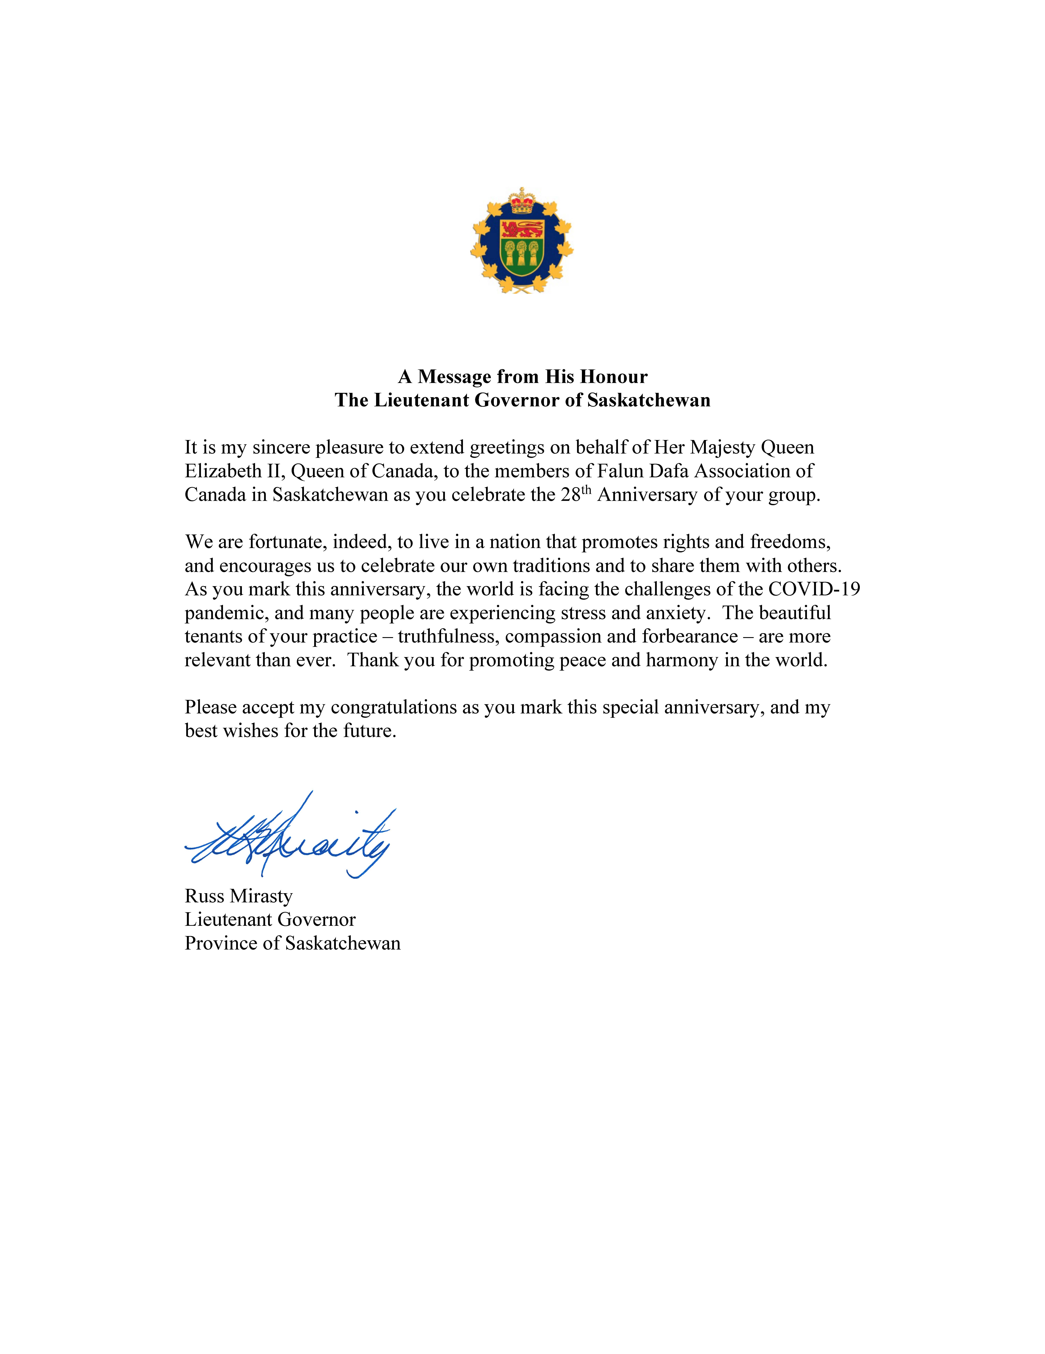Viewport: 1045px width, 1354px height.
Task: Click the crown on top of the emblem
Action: point(522,202)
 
